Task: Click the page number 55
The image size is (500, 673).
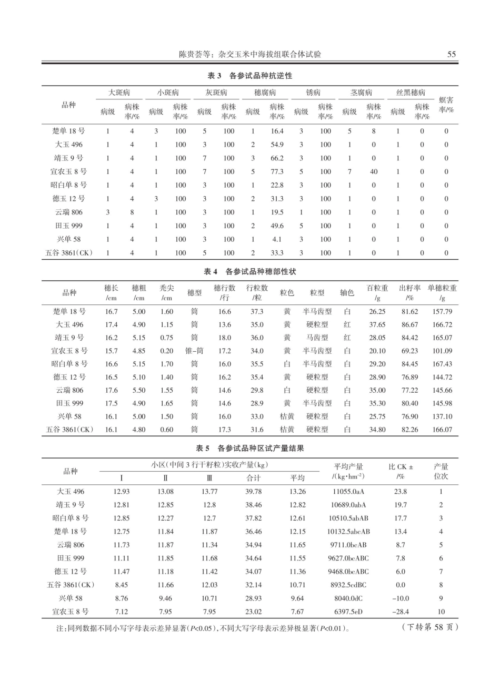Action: tap(451, 54)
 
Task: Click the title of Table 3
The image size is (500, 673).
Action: tap(250, 76)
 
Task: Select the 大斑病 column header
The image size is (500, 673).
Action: tap(119, 93)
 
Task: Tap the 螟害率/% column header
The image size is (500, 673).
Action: tap(446, 105)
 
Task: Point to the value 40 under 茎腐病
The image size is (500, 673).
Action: tap(374, 172)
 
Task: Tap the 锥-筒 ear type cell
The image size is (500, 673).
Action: tap(195, 351)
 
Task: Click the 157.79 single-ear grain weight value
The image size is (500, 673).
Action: tap(442, 312)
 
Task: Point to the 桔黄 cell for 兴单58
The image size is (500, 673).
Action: tap(287, 417)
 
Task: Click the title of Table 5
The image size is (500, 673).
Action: tap(250, 448)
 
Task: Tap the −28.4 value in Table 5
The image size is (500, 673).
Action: tap(401, 612)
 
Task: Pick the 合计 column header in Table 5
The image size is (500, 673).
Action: tap(254, 478)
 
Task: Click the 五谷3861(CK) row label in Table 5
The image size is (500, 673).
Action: tap(70, 585)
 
